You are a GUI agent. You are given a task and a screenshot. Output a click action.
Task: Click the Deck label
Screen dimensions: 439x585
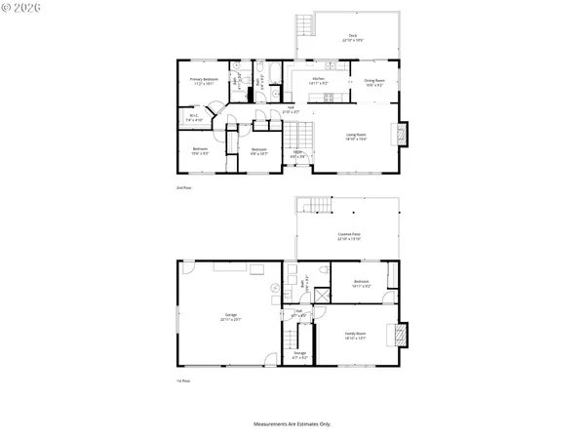click(x=352, y=37)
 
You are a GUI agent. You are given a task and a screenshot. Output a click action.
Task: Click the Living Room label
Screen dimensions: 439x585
click(x=355, y=139)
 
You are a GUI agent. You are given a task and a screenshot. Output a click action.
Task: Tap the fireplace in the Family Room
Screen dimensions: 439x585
click(x=397, y=335)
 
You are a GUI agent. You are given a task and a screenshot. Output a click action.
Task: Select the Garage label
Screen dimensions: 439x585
click(x=231, y=317)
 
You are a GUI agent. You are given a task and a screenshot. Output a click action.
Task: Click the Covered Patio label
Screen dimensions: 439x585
click(x=350, y=237)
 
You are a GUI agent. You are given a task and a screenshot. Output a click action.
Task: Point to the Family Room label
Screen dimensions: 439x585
click(x=355, y=336)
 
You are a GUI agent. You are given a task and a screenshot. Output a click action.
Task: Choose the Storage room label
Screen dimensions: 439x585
click(x=299, y=354)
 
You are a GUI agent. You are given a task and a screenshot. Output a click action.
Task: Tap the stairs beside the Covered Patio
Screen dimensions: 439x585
click(x=309, y=205)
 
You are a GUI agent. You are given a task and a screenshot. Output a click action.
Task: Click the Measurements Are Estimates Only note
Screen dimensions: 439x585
click(x=292, y=424)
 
